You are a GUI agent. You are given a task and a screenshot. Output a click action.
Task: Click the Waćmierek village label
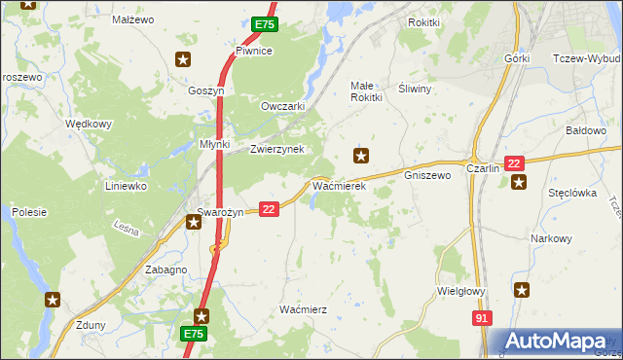pos(338,185)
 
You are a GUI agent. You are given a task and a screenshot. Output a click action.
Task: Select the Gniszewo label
pos(427,176)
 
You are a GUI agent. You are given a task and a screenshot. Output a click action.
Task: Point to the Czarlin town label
pos(483,168)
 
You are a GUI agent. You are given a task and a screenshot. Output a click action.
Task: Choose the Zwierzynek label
pos(277,149)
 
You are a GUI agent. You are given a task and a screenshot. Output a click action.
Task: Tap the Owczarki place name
pos(283,106)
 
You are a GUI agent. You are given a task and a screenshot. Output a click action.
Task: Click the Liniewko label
pos(126,185)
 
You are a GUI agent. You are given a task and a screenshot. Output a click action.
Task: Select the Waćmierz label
pos(303,308)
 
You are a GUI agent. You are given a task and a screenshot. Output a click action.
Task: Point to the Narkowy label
pos(551,238)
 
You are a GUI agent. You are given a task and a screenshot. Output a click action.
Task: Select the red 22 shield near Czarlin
pos(515,163)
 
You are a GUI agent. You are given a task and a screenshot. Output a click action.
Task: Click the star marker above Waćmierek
pos(362,155)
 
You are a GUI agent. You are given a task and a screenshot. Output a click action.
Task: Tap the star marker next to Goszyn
pos(182,60)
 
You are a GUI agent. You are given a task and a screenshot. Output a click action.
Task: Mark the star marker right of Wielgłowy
pos(523,289)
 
